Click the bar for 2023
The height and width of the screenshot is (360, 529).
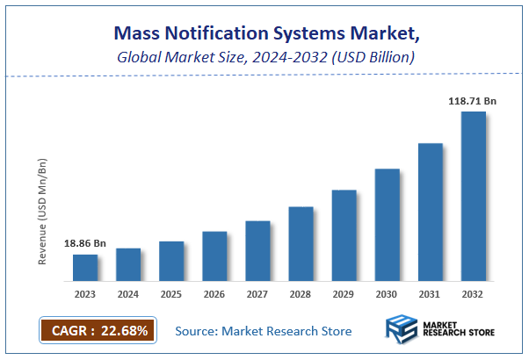click(x=85, y=267)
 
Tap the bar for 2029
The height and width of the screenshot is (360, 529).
click(x=344, y=234)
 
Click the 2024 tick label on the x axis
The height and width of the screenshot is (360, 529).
click(x=128, y=294)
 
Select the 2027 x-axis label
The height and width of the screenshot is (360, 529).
click(x=257, y=294)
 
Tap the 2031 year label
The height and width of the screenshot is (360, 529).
click(x=430, y=294)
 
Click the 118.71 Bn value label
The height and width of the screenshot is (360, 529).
click(x=473, y=102)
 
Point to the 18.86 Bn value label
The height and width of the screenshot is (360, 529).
click(x=84, y=243)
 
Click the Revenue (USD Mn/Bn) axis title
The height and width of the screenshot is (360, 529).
click(x=43, y=212)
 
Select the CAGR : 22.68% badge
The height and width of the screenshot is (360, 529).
click(x=98, y=330)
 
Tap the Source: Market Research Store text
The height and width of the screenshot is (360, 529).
click(x=264, y=331)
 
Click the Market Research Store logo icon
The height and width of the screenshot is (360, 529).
click(x=402, y=330)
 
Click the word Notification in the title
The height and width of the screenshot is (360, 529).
click(x=219, y=34)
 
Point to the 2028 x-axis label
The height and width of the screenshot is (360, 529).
click(x=301, y=294)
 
